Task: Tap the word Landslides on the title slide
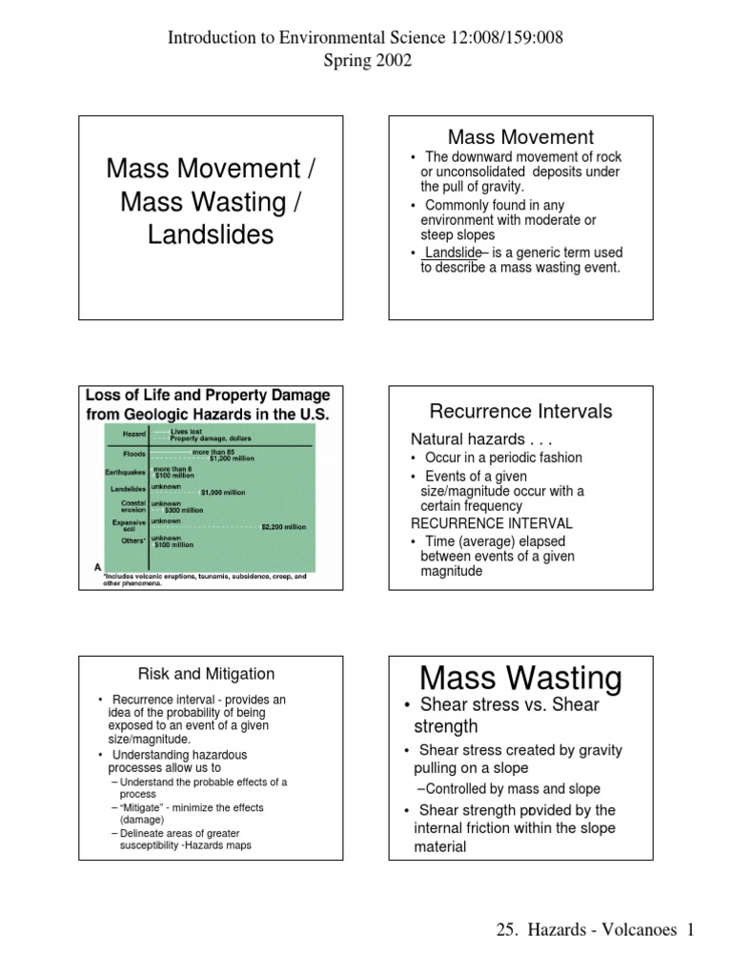(x=211, y=234)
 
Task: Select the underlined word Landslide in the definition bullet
(x=453, y=253)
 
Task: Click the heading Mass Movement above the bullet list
(x=520, y=137)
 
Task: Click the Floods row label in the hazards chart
(x=133, y=455)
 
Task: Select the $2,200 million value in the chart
(x=283, y=526)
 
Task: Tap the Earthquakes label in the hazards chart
(x=126, y=472)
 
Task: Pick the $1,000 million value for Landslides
(x=222, y=493)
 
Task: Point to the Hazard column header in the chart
(x=134, y=434)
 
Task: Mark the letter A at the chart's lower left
(x=96, y=566)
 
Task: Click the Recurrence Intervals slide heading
(x=520, y=412)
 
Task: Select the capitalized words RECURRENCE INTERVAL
(x=491, y=523)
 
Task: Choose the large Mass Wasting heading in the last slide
(x=520, y=679)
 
